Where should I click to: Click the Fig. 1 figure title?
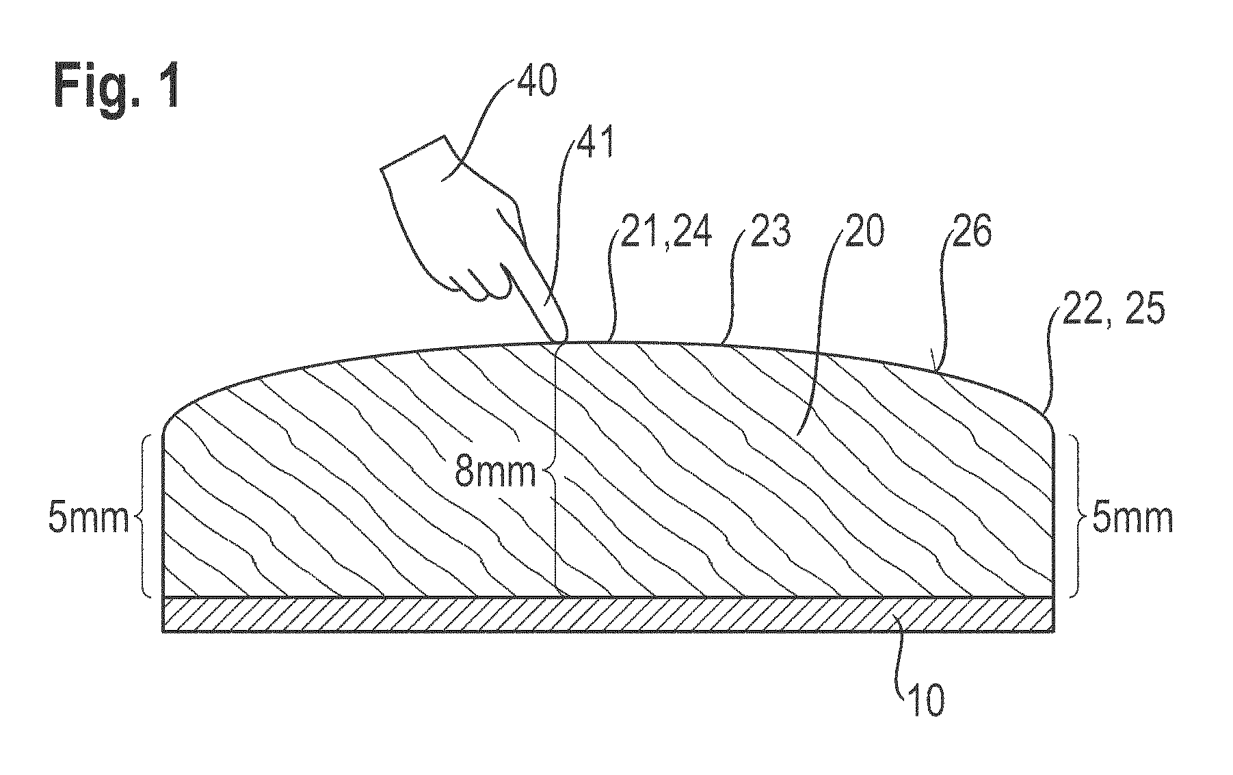pyautogui.click(x=117, y=87)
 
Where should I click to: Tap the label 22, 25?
pyautogui.click(x=1111, y=311)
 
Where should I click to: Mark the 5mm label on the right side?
pyautogui.click(x=1132, y=518)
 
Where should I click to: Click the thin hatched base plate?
pyautogui.click(x=607, y=614)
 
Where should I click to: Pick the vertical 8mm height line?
pyautogui.click(x=557, y=469)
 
